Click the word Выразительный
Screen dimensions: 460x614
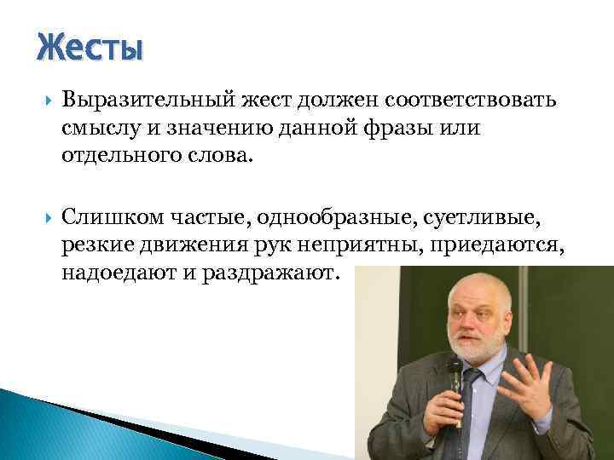pos(134,101)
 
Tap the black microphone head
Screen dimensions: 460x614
pos(455,373)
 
